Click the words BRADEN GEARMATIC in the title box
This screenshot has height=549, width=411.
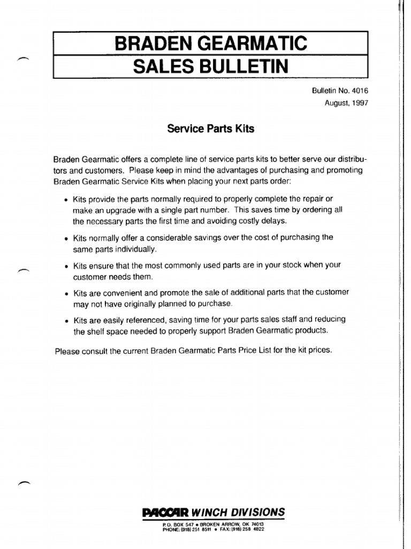coord(211,42)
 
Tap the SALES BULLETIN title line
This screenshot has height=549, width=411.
coord(210,66)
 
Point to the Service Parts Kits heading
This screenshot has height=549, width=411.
coord(210,129)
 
